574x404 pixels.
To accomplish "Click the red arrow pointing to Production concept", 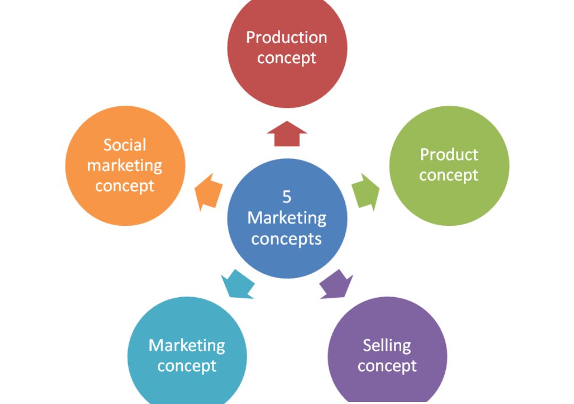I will coord(287,134).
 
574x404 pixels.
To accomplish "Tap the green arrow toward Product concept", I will coord(366,191).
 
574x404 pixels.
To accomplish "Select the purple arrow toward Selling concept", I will coord(337,284).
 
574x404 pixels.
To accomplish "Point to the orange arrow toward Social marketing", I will coord(208,191).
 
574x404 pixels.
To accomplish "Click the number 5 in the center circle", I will coord(287,197).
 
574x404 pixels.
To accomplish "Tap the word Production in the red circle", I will coord(287,37).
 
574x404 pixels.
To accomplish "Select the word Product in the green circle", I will coord(449,155).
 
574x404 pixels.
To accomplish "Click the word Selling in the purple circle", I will coord(387,346).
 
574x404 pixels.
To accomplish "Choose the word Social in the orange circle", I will coord(125,145).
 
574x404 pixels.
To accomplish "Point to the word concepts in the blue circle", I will coord(287,239).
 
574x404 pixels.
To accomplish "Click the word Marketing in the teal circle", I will coord(187,346).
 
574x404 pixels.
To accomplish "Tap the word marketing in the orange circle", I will coord(125,165).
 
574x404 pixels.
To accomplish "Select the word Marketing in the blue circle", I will coord(287,218).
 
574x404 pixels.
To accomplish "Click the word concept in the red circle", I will coord(287,57).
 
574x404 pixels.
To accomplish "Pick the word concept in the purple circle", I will coord(387,366).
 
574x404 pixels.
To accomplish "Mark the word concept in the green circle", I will coord(449,175).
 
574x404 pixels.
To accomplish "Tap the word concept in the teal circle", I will coord(187,366).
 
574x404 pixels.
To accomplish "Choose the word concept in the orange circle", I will coord(125,186).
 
